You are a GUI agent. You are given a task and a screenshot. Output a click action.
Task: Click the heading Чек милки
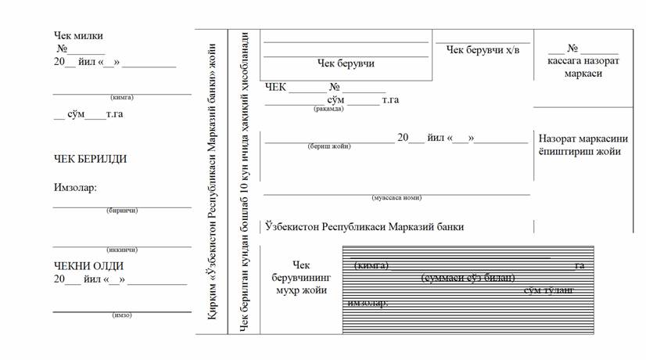[78, 36]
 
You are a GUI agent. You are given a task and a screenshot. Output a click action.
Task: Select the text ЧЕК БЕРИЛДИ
[90, 159]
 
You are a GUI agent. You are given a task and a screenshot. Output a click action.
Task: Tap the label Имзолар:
[75, 188]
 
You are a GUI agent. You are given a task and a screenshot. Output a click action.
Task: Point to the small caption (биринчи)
[121, 211]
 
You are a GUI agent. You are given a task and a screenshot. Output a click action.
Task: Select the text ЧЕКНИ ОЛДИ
[88, 266]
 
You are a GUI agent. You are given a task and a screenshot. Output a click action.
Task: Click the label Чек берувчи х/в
[483, 50]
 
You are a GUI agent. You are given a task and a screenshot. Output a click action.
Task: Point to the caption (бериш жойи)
[329, 146]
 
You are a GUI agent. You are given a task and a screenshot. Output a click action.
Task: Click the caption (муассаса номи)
[397, 198]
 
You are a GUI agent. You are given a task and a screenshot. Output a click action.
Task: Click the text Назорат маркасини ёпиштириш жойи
[579, 145]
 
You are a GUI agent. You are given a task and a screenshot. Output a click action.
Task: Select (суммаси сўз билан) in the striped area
[467, 279]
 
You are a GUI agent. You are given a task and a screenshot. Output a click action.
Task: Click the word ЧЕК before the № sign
[278, 88]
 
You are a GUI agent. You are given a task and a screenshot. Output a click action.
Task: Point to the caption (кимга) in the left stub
[121, 97]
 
